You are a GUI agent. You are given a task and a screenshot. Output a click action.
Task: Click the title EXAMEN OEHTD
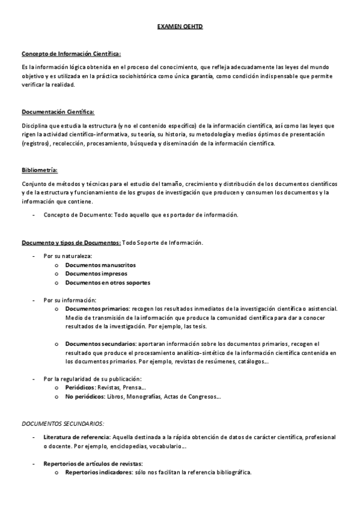pos(180,28)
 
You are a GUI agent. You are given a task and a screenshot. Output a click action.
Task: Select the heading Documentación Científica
pos(58,112)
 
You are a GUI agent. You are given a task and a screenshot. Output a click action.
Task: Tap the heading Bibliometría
pos(40,170)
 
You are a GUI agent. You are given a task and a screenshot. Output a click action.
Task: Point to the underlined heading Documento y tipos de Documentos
pos(71,242)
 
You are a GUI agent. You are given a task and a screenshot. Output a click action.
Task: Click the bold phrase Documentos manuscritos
pos(100,265)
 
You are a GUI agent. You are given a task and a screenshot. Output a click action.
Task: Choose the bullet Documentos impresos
pos(96,274)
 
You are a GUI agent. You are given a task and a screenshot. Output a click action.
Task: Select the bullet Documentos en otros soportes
pos(108,283)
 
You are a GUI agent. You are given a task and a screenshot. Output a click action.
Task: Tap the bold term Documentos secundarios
pos(100,344)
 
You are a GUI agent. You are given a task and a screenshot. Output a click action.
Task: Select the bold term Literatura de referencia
pos(76,437)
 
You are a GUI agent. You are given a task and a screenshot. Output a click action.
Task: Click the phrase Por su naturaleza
pos(67,256)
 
